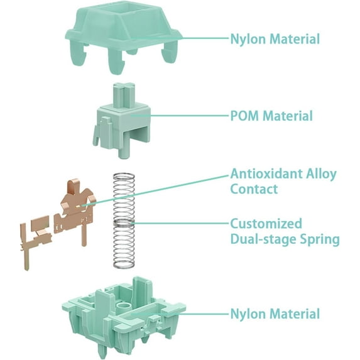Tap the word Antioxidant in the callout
[x=265, y=173]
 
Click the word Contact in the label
[x=254, y=189]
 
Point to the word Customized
[x=266, y=224]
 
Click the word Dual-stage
[x=260, y=239]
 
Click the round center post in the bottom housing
[x=124, y=307]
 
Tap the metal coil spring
[x=124, y=220]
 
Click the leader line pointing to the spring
[x=182, y=223]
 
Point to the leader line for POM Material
[x=180, y=115]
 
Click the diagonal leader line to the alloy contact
[x=156, y=190]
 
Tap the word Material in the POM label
[x=288, y=116]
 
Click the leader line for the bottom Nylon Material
[x=180, y=314]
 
